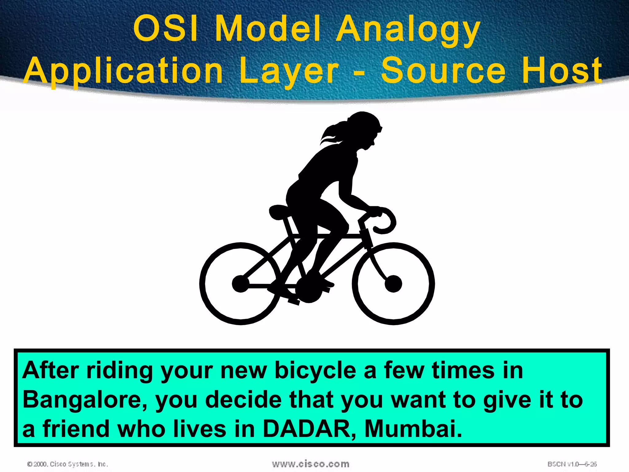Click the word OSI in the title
[x=166, y=29]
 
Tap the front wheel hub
[x=393, y=283]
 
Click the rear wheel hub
[x=240, y=283]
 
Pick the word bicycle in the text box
[x=315, y=371]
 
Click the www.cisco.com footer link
[x=311, y=464]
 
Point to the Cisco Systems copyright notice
[x=68, y=464]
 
